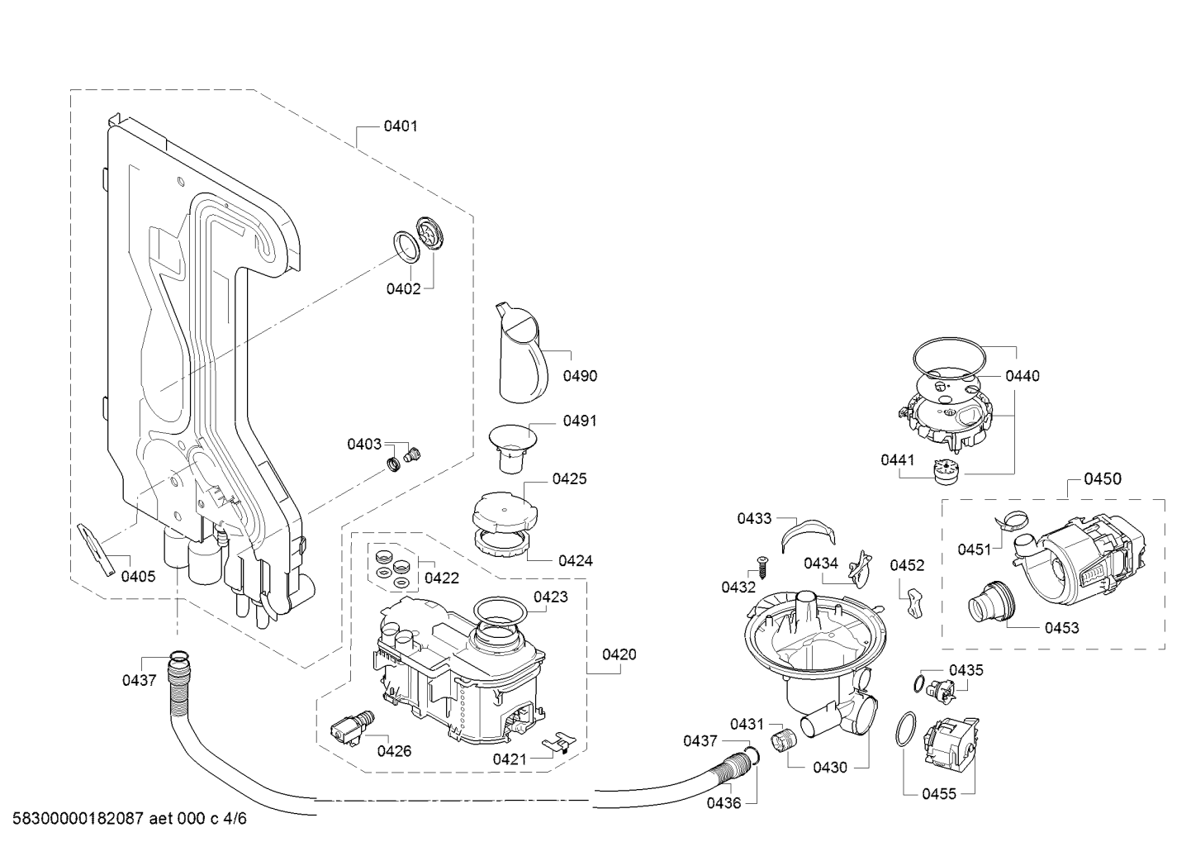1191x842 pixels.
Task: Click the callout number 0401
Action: [x=401, y=126]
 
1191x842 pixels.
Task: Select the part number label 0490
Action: [x=580, y=376]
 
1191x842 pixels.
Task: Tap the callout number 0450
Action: [x=1103, y=478]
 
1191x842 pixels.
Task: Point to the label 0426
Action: [x=395, y=751]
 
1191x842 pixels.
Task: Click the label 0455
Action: [x=939, y=794]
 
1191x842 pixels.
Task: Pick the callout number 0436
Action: [x=724, y=803]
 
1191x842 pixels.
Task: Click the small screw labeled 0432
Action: [x=761, y=567]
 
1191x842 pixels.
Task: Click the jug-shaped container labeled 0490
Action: [x=522, y=354]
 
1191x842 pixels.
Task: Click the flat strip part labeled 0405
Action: [x=97, y=549]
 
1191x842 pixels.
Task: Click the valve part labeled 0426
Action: [x=352, y=725]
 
